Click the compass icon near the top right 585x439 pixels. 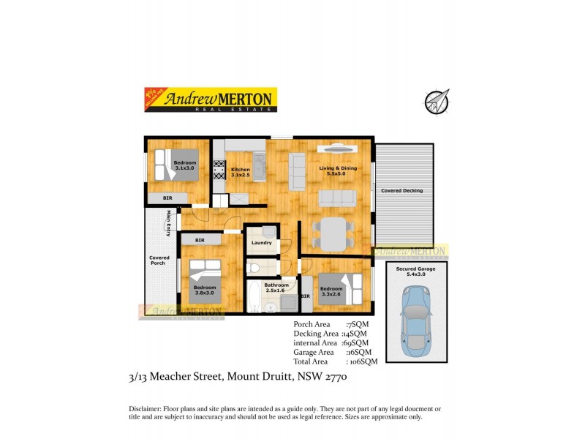437,102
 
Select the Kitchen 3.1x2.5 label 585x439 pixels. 240,173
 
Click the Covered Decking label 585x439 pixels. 401,191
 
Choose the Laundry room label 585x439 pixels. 261,243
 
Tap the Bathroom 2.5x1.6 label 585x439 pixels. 276,288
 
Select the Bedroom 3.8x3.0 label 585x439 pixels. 205,290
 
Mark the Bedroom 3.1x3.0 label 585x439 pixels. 185,165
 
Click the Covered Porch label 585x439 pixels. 159,260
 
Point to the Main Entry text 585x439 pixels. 169,223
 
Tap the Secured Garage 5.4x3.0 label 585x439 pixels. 415,271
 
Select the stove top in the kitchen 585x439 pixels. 218,170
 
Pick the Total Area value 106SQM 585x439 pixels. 363,361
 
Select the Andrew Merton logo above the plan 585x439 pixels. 210,100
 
